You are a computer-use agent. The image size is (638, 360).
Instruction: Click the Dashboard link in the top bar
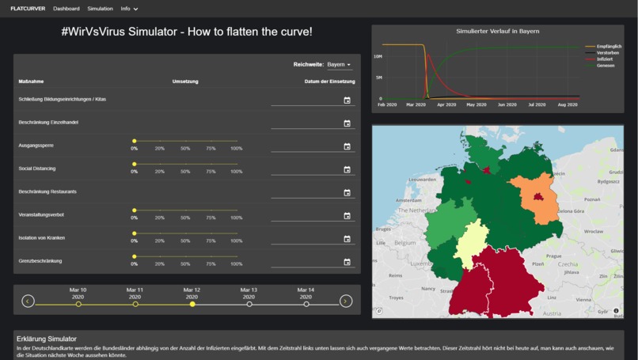pyautogui.click(x=66, y=9)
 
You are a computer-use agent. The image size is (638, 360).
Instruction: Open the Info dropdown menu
pyautogui.click(x=129, y=9)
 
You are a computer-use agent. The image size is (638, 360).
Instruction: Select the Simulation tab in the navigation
pyautogui.click(x=100, y=9)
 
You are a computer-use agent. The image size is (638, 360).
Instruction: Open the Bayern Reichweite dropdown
pyautogui.click(x=339, y=65)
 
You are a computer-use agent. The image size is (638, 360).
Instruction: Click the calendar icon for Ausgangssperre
pyautogui.click(x=347, y=146)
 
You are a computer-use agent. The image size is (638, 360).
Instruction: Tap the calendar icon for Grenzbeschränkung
pyautogui.click(x=347, y=262)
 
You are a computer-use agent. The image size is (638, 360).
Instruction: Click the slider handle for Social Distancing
pyautogui.click(x=135, y=165)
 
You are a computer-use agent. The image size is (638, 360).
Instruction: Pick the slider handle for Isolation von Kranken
pyautogui.click(x=135, y=233)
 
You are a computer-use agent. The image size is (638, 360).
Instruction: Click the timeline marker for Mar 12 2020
pyautogui.click(x=192, y=304)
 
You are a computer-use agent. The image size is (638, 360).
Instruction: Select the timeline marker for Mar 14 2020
pyautogui.click(x=306, y=304)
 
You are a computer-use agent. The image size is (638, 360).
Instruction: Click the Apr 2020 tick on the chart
pyautogui.click(x=446, y=104)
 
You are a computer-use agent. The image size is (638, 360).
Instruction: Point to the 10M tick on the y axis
pyautogui.click(x=378, y=57)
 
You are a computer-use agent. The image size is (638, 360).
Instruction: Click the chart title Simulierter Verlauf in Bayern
pyautogui.click(x=497, y=31)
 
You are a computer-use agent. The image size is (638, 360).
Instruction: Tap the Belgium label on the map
pyautogui.click(x=405, y=242)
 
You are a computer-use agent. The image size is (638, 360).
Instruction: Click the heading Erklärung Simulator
pyautogui.click(x=47, y=339)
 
